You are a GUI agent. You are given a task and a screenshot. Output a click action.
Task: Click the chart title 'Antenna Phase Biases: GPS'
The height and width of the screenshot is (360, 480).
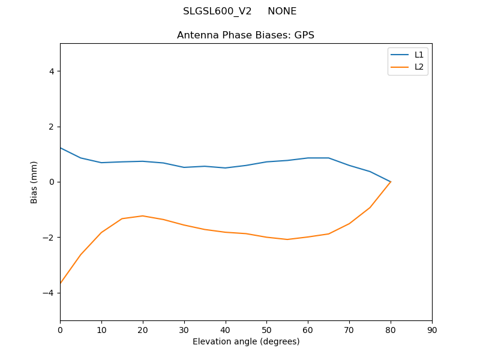pos(245,35)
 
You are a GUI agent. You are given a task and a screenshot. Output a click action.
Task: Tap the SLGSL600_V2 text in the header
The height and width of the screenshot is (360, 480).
pos(217,11)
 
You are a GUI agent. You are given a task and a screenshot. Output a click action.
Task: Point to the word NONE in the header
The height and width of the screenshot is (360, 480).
pos(282,11)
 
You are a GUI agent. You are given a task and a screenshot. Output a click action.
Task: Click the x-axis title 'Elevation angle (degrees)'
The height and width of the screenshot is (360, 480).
pos(246,341)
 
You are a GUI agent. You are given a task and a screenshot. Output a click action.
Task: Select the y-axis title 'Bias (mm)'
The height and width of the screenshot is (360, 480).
pos(34,182)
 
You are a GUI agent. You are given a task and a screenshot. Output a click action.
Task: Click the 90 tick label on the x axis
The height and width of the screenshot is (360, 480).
pos(432,329)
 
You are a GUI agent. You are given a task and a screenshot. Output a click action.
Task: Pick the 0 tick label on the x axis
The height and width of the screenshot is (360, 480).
pos(60,329)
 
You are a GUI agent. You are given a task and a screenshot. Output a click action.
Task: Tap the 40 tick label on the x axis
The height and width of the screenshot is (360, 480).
pos(225,329)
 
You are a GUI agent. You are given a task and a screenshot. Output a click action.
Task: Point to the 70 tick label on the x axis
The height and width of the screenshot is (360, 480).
pos(349,329)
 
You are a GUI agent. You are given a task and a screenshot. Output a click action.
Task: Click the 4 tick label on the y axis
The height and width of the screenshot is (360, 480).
pos(51,71)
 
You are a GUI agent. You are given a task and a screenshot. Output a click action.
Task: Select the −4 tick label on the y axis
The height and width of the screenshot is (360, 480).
pos(49,293)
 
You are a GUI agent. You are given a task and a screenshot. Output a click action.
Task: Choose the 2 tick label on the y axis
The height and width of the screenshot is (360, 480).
pos(51,127)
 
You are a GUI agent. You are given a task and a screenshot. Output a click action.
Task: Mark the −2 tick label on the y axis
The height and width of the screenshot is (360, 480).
pos(49,238)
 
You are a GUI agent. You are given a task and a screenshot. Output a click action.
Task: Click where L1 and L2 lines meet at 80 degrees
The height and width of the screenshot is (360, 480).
pos(391,182)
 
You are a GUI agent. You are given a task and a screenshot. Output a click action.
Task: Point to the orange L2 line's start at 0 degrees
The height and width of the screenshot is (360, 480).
pos(60,283)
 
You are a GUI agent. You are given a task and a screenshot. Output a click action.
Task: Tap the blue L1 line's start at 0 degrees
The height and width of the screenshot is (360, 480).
pos(60,148)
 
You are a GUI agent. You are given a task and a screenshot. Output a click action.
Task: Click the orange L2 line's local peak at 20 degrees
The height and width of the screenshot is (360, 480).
pos(143,216)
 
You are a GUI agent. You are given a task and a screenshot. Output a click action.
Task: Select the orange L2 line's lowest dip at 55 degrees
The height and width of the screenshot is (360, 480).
pos(287,239)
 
